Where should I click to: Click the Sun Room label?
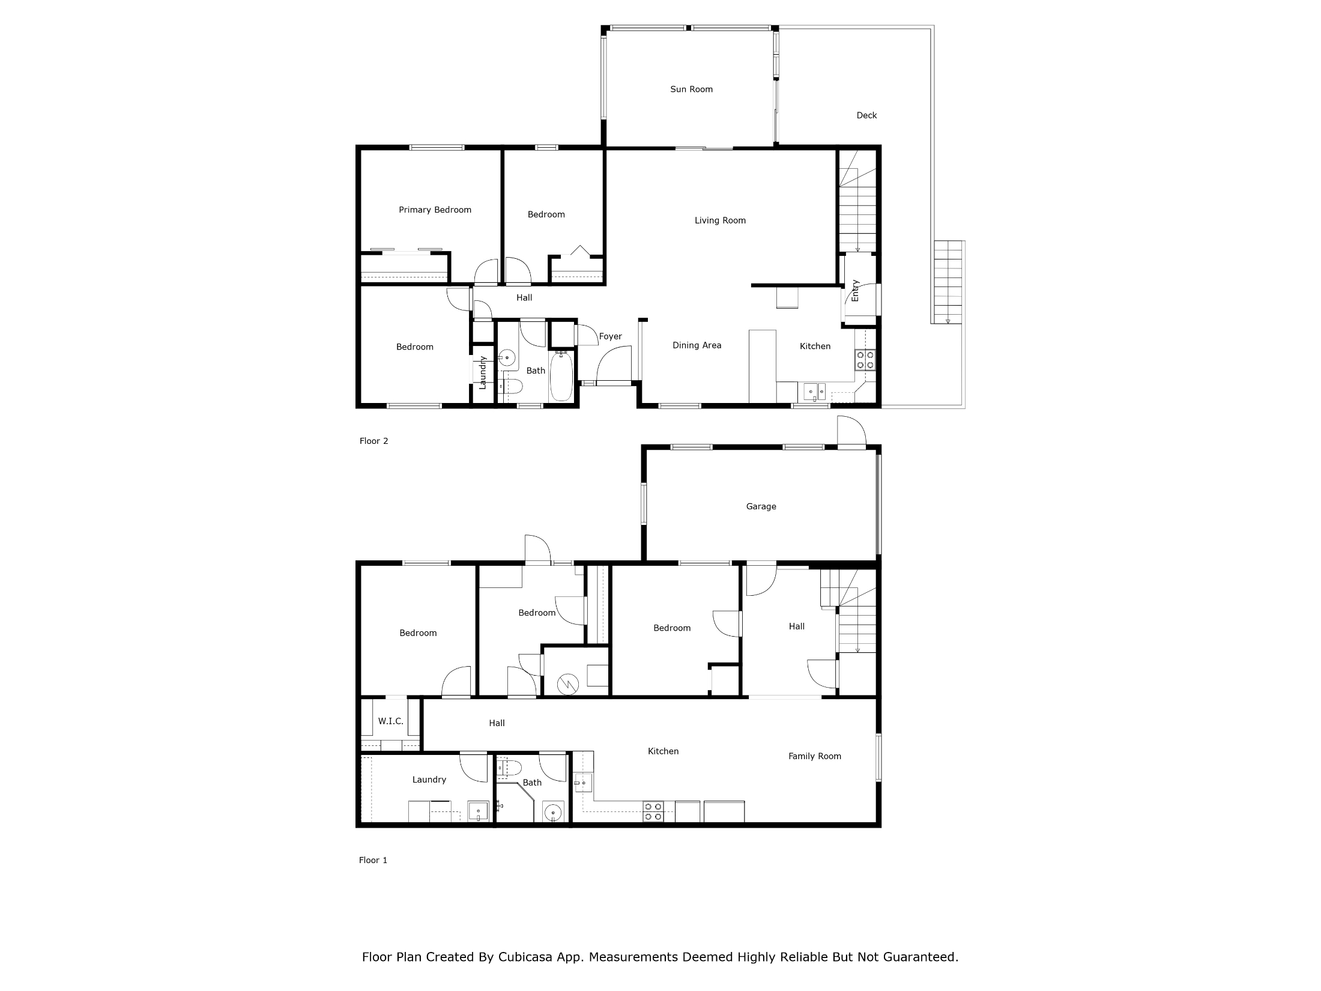(x=691, y=89)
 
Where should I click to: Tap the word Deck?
(x=866, y=115)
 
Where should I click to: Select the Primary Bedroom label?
(x=435, y=210)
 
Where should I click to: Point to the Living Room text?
(x=720, y=220)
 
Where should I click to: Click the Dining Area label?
(x=697, y=345)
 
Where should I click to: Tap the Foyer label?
(x=610, y=336)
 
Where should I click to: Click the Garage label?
(x=761, y=506)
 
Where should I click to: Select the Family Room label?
(x=814, y=756)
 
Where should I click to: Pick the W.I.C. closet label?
(x=390, y=721)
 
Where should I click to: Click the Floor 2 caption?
(x=373, y=441)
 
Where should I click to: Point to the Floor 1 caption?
(x=373, y=860)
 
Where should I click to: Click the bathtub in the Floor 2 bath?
(x=561, y=376)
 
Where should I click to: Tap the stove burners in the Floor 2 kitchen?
(x=865, y=360)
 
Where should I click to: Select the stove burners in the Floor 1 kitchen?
(x=653, y=811)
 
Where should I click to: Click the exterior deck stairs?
(x=948, y=282)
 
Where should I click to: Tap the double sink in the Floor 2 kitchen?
(x=815, y=392)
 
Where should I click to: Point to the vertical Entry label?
(x=855, y=291)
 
